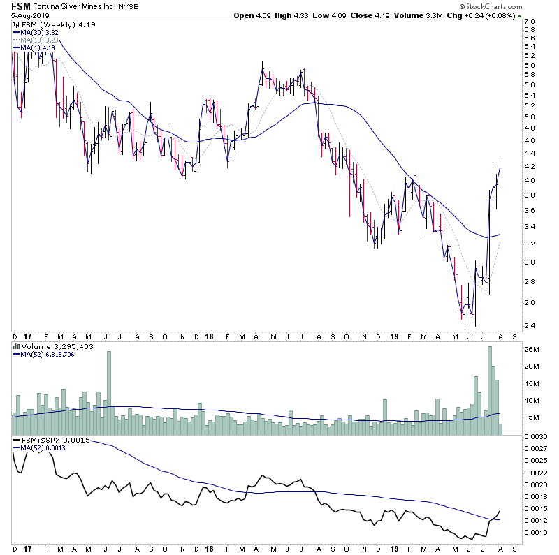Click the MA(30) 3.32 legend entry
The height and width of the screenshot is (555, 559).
pyautogui.click(x=42, y=32)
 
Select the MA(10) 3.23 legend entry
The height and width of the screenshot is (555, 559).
pyautogui.click(x=42, y=40)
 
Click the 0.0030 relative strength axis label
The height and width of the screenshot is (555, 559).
pyautogui.click(x=536, y=436)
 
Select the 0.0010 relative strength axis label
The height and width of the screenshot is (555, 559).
pyautogui.click(x=536, y=533)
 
